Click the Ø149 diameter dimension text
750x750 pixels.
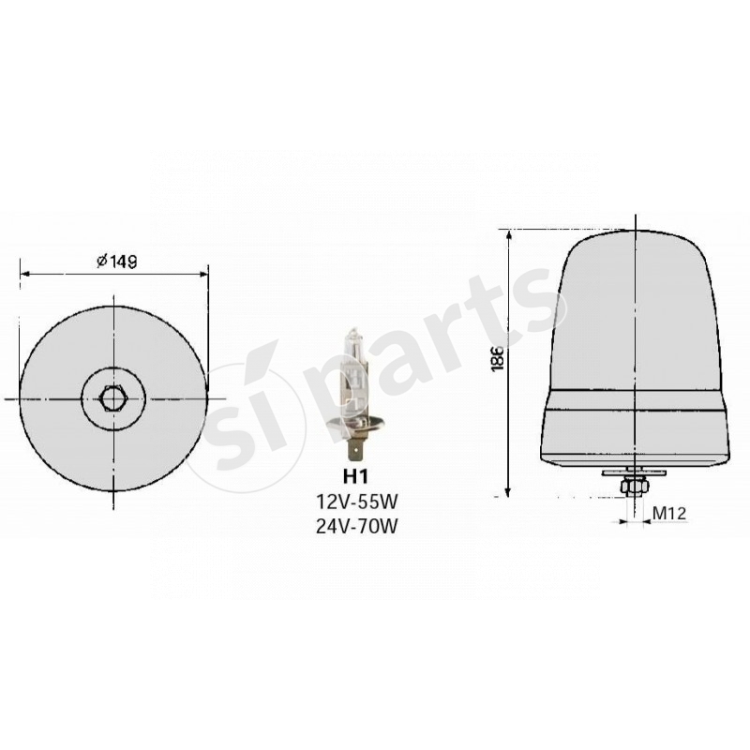pos(117,262)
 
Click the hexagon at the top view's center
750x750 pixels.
pos(113,398)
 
